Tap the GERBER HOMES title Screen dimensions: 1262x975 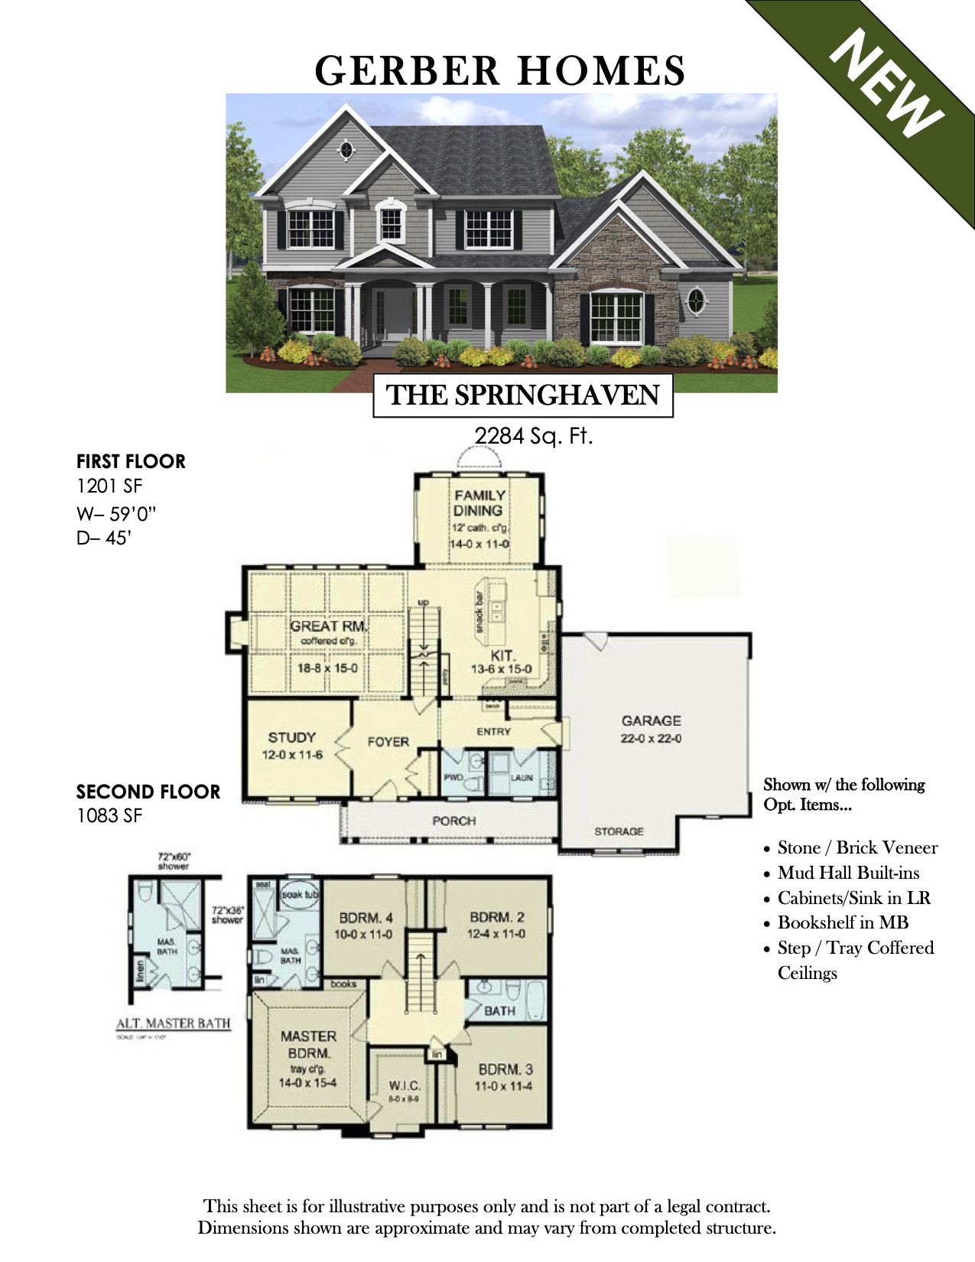pos(500,70)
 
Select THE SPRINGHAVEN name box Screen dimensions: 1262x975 pos(523,395)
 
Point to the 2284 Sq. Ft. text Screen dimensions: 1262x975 pos(534,436)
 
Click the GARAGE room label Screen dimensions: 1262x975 pos(651,720)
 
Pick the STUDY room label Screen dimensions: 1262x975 pos(291,737)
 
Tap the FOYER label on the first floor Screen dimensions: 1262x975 pos(388,741)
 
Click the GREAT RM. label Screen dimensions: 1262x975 pos(328,626)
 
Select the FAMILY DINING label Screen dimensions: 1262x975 pos(479,503)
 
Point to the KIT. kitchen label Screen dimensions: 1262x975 pos(502,655)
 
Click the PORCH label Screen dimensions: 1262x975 pos(453,821)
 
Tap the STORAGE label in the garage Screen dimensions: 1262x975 pos(619,831)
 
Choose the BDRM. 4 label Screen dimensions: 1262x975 pos(366,918)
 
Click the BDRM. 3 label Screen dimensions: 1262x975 pos(505,1069)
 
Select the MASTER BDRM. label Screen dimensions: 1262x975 pos(308,1044)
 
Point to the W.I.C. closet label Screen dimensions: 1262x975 pos(404,1085)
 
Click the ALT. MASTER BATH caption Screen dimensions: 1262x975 pos(173,1023)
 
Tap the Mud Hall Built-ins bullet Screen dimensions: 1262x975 pos(848,873)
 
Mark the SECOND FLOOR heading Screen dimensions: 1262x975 pos(148,792)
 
